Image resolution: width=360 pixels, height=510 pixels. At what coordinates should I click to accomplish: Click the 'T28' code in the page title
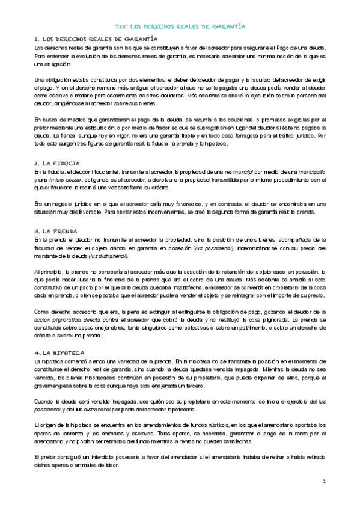click(121, 27)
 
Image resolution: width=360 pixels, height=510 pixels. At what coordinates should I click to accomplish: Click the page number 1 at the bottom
click(323, 482)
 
